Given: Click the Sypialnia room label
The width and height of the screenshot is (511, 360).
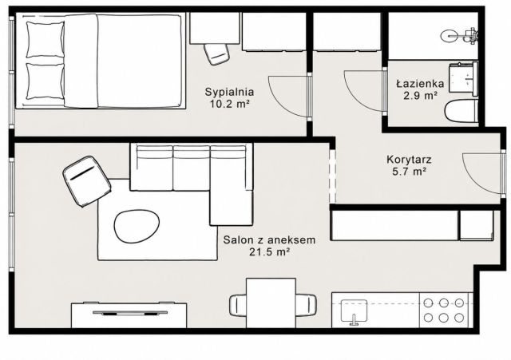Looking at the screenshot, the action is click(229, 92).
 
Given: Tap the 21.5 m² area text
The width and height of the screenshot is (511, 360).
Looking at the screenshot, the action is click(270, 251).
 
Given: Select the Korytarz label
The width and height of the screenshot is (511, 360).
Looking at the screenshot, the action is click(409, 160).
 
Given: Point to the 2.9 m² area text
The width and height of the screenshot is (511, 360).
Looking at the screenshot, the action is click(420, 96).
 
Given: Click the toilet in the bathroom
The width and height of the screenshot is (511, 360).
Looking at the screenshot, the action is click(461, 112).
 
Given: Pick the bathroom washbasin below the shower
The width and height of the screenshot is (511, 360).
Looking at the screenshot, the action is click(463, 77).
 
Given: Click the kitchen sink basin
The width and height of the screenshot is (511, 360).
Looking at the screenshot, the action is click(354, 311).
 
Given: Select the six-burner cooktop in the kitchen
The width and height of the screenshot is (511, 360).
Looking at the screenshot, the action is click(444, 311).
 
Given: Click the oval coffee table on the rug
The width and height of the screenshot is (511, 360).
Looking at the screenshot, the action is click(137, 226).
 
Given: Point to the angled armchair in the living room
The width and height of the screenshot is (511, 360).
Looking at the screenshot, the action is click(87, 181).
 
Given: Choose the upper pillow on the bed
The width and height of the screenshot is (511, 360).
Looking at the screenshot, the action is click(45, 40).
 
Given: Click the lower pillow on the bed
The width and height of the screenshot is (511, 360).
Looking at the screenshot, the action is click(45, 81).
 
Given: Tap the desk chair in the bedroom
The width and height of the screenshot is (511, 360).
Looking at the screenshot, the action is click(216, 53).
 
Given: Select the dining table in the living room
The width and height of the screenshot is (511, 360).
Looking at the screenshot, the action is click(271, 303).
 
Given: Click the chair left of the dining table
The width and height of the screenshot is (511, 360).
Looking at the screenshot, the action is click(238, 305).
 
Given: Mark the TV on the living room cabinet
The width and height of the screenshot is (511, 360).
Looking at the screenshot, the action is click(130, 314).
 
